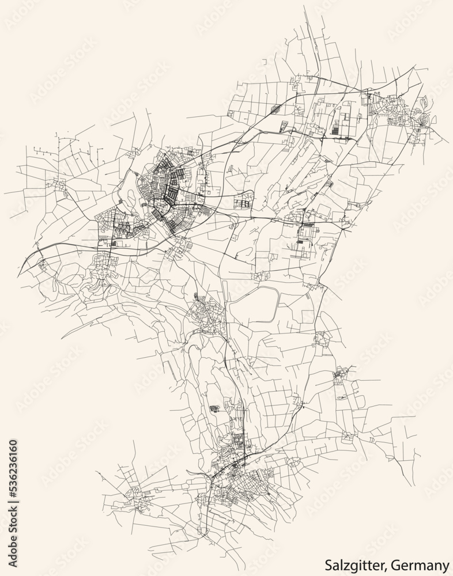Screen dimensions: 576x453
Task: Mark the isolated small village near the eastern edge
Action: point(340,377)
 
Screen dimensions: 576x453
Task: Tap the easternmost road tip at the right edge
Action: point(448,143)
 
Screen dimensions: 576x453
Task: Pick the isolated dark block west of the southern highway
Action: point(215,408)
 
